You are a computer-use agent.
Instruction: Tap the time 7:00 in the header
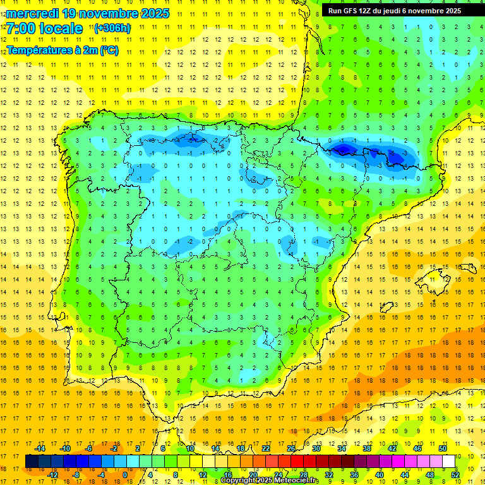(23, 28)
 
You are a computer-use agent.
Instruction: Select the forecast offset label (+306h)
(112, 28)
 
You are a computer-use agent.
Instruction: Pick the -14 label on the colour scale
(40, 448)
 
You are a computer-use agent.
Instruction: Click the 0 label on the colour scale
(124, 474)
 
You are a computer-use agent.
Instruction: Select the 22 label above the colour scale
(266, 448)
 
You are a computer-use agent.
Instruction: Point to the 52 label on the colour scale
(455, 474)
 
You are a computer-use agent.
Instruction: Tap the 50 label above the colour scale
(443, 448)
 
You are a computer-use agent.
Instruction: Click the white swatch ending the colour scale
(449, 461)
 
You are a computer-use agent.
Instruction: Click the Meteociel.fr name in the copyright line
(296, 481)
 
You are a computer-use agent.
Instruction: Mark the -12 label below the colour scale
(52, 474)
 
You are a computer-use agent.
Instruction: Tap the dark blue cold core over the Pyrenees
(344, 149)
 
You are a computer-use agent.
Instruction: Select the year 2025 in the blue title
(151, 13)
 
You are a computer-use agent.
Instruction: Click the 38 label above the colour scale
(367, 448)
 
